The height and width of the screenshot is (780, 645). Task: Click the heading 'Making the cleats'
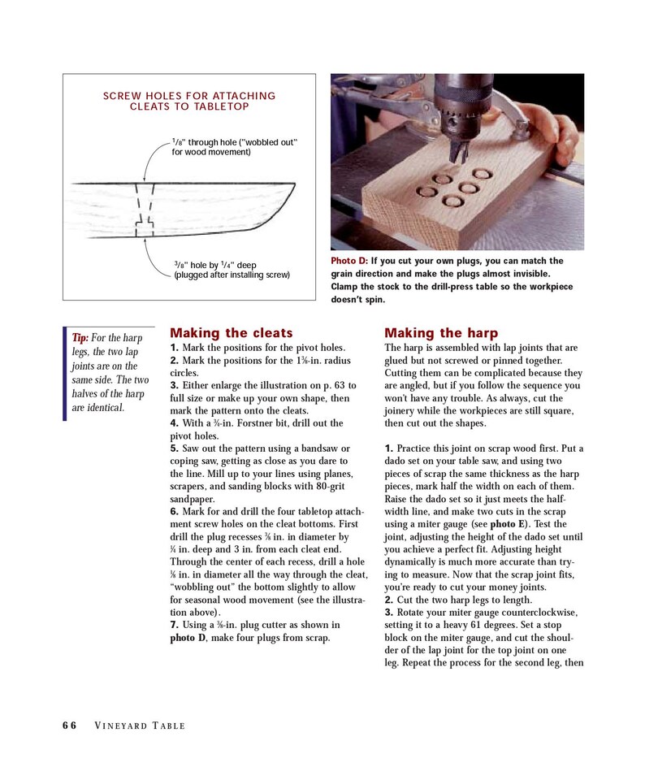(231, 333)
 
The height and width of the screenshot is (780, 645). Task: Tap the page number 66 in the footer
(70, 726)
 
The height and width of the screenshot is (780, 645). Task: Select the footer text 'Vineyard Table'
(140, 726)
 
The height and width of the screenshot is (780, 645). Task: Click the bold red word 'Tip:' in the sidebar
(80, 338)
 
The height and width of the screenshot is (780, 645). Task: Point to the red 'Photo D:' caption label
(349, 261)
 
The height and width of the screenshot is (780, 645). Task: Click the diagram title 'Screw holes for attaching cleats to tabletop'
(189, 102)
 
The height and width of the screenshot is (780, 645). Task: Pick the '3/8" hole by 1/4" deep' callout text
(232, 270)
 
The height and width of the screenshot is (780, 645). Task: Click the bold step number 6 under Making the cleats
(174, 511)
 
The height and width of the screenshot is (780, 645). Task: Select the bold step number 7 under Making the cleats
(174, 625)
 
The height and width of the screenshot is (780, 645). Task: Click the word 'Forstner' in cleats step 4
(245, 423)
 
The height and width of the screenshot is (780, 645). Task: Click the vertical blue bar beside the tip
(65, 374)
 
